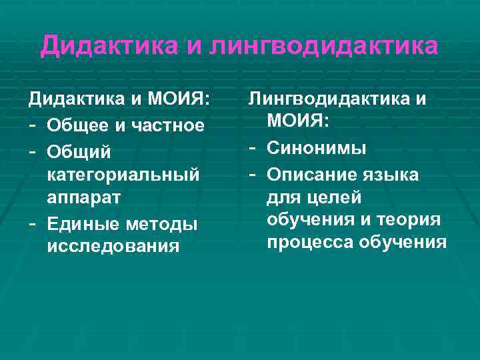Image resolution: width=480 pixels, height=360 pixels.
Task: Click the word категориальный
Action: click(123, 174)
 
